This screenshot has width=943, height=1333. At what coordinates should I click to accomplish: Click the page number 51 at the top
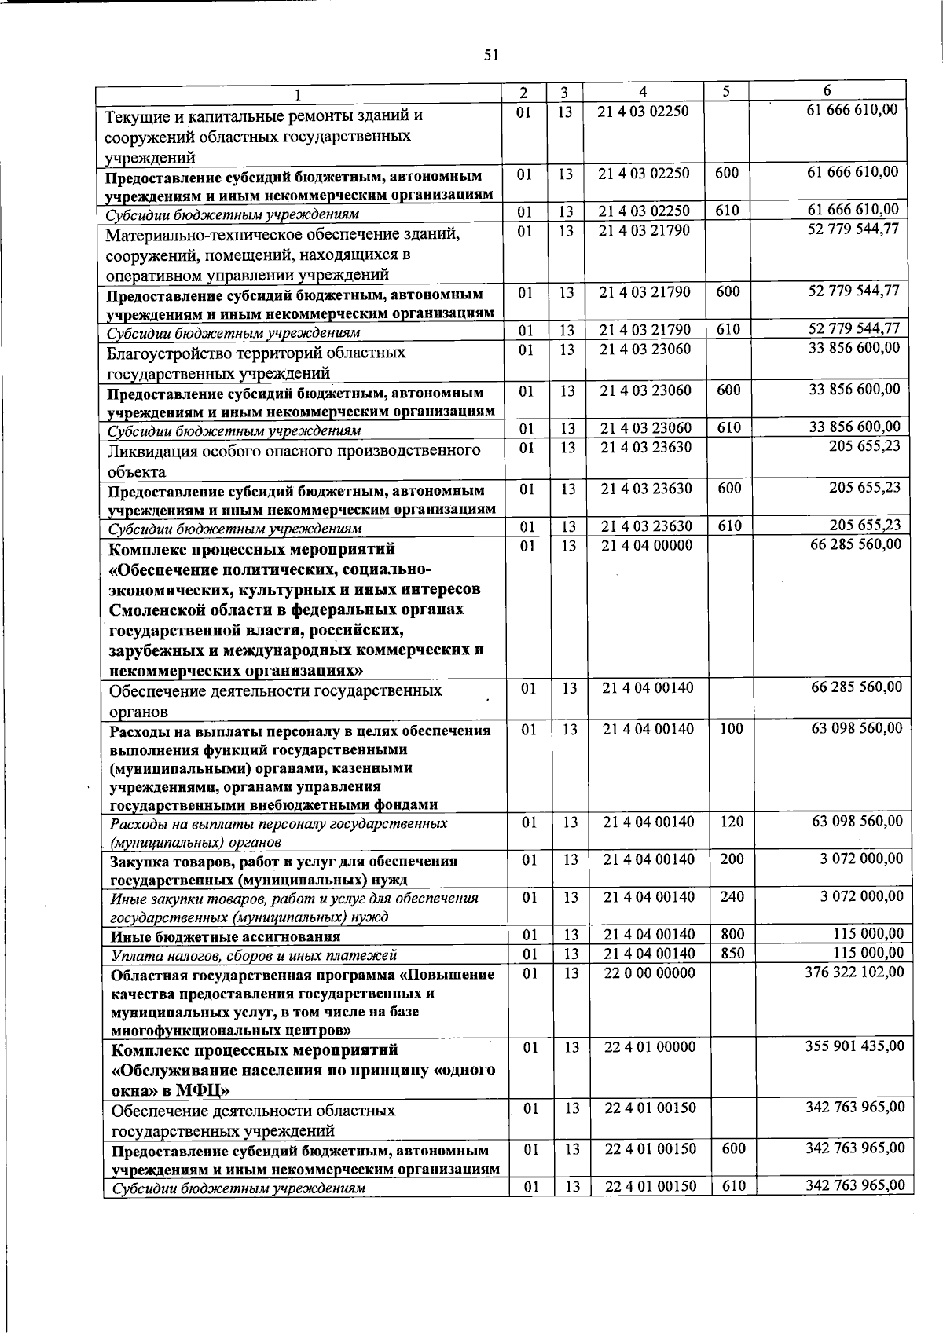tap(490, 54)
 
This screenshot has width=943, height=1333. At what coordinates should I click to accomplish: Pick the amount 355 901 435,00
tap(855, 1046)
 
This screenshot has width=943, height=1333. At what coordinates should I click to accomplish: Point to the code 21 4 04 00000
tap(648, 545)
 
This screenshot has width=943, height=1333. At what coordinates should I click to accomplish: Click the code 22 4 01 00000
tap(650, 1046)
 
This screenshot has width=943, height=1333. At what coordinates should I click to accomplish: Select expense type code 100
tap(731, 728)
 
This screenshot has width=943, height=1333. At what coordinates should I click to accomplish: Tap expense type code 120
tap(731, 822)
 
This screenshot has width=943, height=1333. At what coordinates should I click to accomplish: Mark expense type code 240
tap(732, 896)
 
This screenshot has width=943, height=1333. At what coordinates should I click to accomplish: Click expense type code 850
tap(732, 954)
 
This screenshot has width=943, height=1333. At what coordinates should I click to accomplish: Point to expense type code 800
tap(732, 934)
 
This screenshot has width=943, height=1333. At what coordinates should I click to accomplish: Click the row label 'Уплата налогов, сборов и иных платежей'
tap(254, 955)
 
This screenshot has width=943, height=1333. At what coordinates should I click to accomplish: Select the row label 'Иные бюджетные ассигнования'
tap(226, 936)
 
